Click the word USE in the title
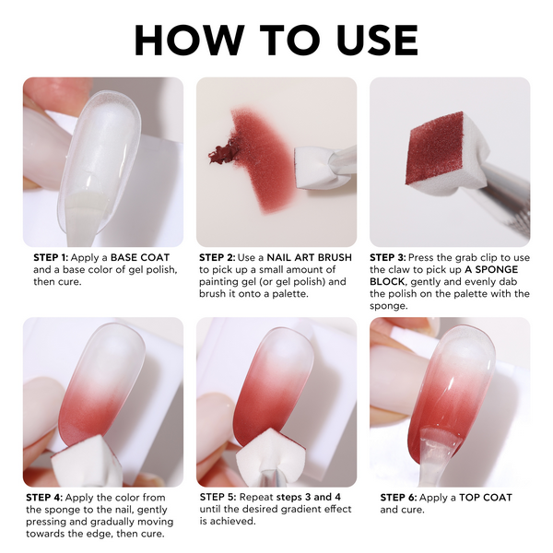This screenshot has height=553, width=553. (377, 40)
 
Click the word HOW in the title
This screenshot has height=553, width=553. (189, 40)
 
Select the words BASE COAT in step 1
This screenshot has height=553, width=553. (140, 257)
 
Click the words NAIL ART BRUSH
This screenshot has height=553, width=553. (310, 257)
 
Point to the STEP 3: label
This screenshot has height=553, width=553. (388, 257)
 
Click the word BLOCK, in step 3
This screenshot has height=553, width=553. (387, 281)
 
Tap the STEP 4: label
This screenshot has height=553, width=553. (44, 498)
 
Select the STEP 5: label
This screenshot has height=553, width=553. (218, 497)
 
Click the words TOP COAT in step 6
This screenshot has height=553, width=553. (486, 498)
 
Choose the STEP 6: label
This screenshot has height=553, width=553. (398, 498)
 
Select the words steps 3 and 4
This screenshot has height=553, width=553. (309, 497)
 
